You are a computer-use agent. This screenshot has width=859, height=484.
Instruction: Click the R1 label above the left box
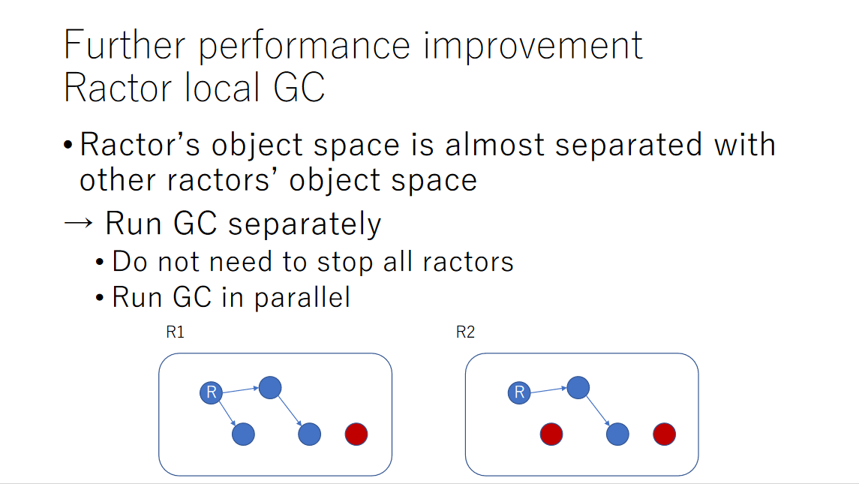pos(176,332)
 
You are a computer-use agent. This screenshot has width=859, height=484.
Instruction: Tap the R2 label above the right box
pos(465,332)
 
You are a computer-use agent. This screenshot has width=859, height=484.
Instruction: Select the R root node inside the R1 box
pos(211,392)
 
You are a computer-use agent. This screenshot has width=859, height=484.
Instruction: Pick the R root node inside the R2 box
pos(519,392)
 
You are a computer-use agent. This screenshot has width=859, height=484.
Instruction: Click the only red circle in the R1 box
pos(356,434)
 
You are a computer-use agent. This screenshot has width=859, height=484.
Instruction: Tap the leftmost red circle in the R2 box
pos(551,434)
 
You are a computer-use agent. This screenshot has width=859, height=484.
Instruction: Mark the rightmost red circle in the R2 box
pos(664,434)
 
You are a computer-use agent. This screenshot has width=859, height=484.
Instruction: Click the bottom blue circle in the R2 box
pos(617,434)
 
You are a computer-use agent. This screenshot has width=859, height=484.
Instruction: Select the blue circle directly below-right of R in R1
pos(243,434)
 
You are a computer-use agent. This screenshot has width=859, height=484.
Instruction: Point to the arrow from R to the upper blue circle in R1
pos(241,390)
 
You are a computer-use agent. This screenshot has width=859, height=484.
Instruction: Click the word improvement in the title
pos(533,46)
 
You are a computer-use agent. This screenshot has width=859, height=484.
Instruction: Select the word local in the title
pos(222,88)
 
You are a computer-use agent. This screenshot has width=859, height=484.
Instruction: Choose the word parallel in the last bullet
pos(302,298)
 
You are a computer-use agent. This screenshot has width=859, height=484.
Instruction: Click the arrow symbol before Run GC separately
pos(78,223)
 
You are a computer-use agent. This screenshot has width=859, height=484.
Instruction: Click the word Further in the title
pos(125,45)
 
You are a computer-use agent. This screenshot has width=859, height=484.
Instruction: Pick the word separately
pos(305,224)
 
